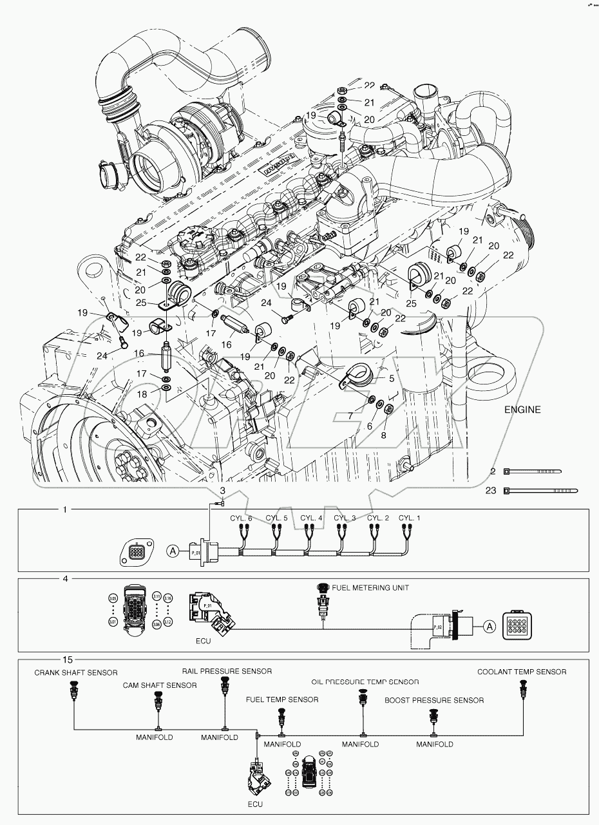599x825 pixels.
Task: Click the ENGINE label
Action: click(522, 409)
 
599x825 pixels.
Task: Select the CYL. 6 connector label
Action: click(241, 518)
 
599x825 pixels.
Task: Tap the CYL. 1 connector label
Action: click(409, 518)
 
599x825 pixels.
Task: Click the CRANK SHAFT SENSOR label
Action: click(76, 672)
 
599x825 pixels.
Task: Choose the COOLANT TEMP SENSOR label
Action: click(522, 672)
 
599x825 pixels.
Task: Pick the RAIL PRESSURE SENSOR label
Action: click(226, 670)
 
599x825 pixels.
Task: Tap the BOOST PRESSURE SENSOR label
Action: click(434, 700)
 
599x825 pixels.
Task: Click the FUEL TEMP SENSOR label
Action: click(282, 699)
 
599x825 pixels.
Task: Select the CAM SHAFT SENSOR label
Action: click(160, 685)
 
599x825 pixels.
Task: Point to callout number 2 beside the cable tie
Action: click(493, 472)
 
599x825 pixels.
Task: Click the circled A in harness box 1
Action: click(172, 550)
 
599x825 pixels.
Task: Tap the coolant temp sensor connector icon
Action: click(522, 693)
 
